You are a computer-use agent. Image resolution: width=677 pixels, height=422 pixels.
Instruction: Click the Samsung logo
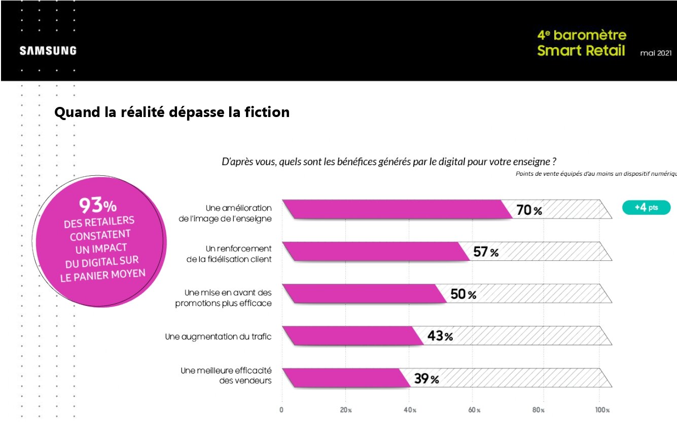(48, 51)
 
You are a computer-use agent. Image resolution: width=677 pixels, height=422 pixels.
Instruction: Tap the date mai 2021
(656, 53)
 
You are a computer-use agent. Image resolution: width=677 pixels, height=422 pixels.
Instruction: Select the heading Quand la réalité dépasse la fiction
(172, 112)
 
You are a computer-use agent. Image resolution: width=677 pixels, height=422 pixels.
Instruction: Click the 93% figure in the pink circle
(98, 205)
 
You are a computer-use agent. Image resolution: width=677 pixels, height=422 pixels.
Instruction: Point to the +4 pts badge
(646, 208)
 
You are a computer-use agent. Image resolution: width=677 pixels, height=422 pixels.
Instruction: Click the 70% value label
(529, 210)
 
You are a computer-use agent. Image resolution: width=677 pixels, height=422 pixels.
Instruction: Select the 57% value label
(486, 252)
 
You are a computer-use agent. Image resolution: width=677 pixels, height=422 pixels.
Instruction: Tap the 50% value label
(464, 294)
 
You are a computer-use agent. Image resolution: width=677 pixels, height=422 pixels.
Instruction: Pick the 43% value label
(440, 336)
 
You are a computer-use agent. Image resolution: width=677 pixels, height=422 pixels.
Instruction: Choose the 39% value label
(426, 378)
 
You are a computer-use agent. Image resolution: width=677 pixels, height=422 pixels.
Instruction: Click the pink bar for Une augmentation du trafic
(350, 335)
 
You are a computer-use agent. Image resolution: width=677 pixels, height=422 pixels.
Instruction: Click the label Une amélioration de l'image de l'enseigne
(238, 213)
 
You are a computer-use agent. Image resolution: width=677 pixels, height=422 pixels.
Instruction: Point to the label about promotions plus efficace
(224, 298)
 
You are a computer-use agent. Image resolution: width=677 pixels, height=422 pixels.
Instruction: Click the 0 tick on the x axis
(281, 410)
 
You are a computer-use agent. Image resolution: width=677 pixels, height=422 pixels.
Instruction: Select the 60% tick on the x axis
(474, 410)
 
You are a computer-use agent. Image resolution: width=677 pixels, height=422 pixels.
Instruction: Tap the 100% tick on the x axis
(602, 410)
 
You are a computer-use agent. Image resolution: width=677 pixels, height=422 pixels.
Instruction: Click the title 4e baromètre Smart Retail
(581, 43)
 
